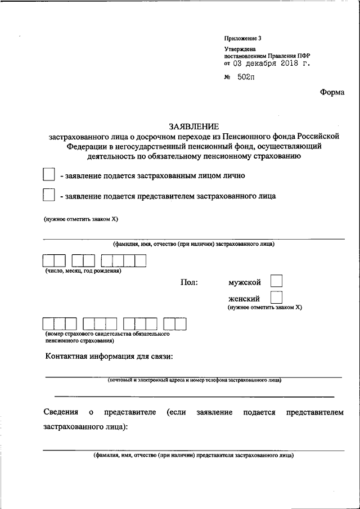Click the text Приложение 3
[x=242, y=38]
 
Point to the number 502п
[x=245, y=78]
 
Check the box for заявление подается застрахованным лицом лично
[x=49, y=175]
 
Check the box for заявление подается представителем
[x=49, y=196]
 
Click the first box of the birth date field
[x=48, y=260]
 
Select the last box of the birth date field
[x=141, y=260]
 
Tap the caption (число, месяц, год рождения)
[x=83, y=271]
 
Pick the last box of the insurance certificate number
[x=181, y=323]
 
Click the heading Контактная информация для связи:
[x=109, y=357]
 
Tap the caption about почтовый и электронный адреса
[x=195, y=380]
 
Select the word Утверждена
[x=240, y=49]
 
